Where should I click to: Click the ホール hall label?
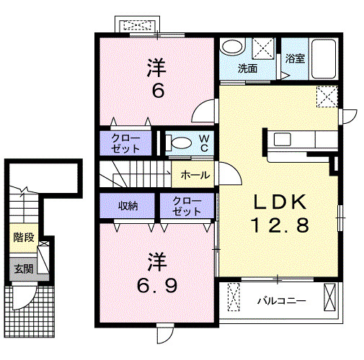(x=195, y=175)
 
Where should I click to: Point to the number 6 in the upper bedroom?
(x=158, y=91)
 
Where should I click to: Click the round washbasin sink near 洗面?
(x=232, y=48)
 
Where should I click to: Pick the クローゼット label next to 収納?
(x=187, y=206)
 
